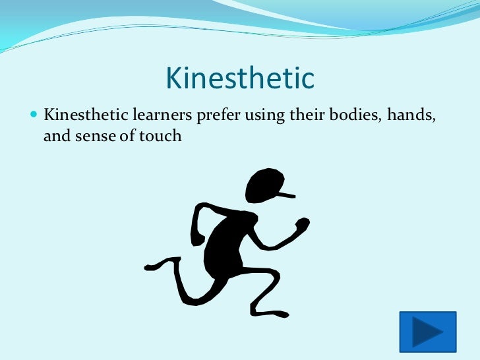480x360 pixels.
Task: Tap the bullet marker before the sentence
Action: pyautogui.click(x=35, y=115)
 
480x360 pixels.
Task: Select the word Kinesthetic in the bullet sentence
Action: pyautogui.click(x=81, y=115)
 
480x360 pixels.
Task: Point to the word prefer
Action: pyautogui.click(x=219, y=117)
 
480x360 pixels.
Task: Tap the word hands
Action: pyautogui.click(x=412, y=115)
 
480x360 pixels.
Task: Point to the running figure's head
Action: pyautogui.click(x=264, y=185)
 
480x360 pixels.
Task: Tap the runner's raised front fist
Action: pyautogui.click(x=302, y=226)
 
